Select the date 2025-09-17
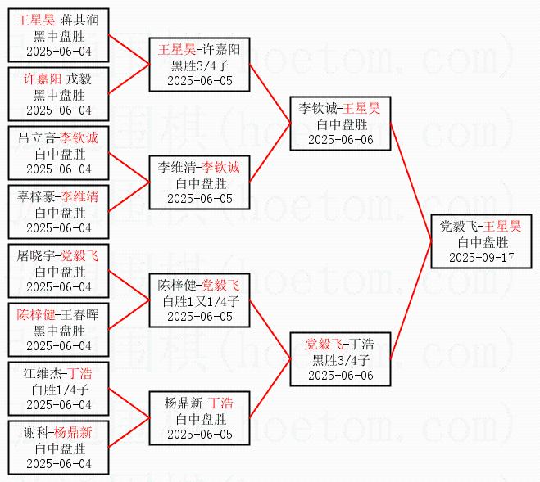point(482,257)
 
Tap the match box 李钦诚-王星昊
point(340,124)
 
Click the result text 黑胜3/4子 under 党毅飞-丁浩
point(340,359)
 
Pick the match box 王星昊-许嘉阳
point(199,65)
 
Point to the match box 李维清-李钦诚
point(199,182)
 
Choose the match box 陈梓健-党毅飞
point(199,300)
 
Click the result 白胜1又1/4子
point(199,301)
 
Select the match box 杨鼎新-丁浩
point(199,418)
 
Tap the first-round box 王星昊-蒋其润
point(57,35)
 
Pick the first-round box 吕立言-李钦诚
point(57,153)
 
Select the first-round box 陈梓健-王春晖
point(57,330)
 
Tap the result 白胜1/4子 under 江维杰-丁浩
point(57,390)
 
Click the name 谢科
point(34,433)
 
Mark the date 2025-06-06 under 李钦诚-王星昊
point(340,139)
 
